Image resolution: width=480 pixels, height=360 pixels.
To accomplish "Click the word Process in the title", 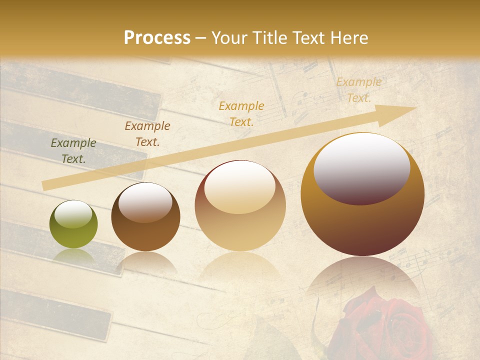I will tap(157, 38).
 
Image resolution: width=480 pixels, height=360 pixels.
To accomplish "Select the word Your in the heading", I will tap(230, 38).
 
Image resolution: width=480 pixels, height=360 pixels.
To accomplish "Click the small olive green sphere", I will tap(73, 224).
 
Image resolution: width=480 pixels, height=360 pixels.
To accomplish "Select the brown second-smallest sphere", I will tap(145, 216).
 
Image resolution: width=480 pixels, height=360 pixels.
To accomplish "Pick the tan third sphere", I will tap(240, 205).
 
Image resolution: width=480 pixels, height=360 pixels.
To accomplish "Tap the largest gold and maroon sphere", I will tap(362, 194).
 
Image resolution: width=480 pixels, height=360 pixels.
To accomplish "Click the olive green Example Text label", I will tap(73, 151).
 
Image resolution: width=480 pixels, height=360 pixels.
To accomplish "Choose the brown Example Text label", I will tap(147, 134).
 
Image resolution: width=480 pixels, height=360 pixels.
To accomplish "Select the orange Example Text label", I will tap(241, 113).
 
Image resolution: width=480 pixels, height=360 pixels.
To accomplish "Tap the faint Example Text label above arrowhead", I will tap(358, 90).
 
